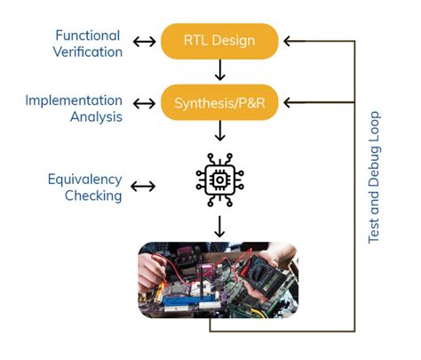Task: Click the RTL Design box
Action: [x=219, y=41]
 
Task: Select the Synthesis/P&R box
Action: [x=219, y=103]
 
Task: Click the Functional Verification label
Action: [x=88, y=44]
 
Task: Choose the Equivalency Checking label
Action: [x=84, y=187]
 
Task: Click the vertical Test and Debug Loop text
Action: [x=374, y=178]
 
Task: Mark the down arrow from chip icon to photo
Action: [x=219, y=225]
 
